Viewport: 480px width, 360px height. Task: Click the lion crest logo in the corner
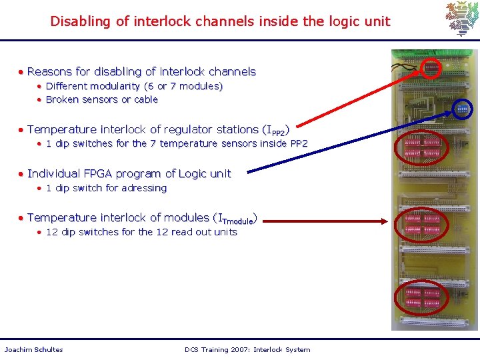[x=462, y=19]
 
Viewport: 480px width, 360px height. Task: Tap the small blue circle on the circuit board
[x=462, y=108]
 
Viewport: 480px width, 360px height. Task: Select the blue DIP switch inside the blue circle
[x=462, y=108]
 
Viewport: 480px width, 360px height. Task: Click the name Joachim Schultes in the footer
[x=33, y=349]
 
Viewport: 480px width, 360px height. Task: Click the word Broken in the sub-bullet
[x=63, y=99]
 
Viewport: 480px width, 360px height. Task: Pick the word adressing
[x=144, y=188]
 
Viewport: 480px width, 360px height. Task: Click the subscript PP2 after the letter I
[x=279, y=133]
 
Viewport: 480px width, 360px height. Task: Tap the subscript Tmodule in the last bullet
[x=237, y=221]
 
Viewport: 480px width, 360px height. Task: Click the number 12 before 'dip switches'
[x=51, y=232]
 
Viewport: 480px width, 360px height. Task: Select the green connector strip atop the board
[x=433, y=53]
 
